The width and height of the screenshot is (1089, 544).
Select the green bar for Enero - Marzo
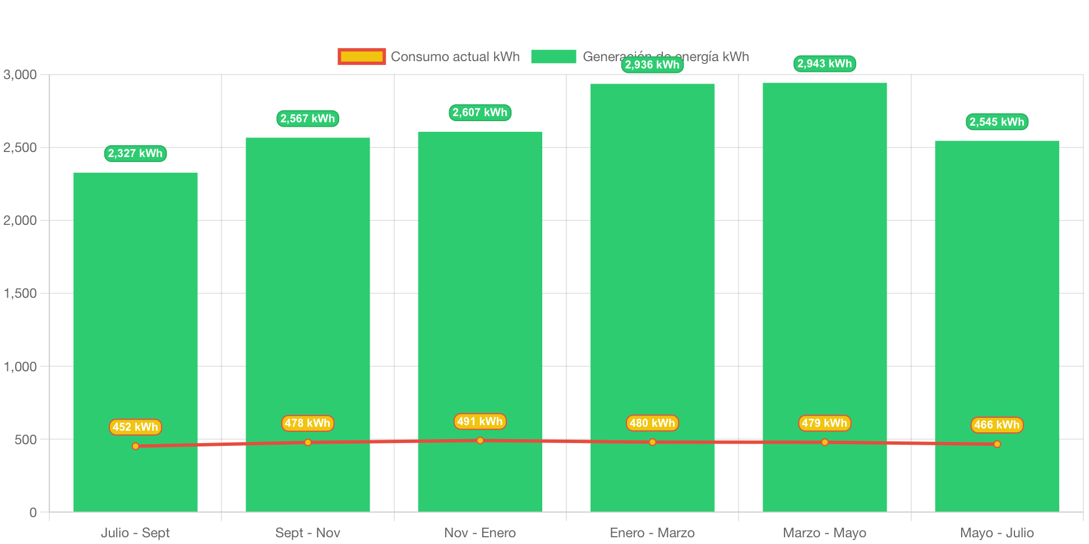tap(652, 280)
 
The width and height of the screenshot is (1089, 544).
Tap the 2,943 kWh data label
tap(824, 63)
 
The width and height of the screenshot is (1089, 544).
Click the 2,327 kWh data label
tap(135, 153)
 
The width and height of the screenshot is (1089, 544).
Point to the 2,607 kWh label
tap(480, 112)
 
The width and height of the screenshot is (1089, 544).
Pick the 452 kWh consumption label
tap(135, 427)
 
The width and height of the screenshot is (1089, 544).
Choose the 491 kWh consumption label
tap(480, 421)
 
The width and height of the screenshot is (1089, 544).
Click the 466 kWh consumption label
tap(996, 425)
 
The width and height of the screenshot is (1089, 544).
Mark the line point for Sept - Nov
tap(308, 442)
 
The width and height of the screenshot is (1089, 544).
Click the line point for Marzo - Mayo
tap(824, 442)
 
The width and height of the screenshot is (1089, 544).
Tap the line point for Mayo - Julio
tap(996, 444)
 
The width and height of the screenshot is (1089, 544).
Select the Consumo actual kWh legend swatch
tap(362, 57)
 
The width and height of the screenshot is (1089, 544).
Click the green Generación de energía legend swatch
tap(553, 57)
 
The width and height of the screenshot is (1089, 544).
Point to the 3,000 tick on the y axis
tap(20, 75)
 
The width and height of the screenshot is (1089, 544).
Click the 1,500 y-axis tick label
tap(20, 293)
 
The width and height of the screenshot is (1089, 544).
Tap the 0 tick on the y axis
tap(33, 512)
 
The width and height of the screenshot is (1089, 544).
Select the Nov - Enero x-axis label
tap(480, 532)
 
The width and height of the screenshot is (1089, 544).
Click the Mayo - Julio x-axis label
tap(996, 532)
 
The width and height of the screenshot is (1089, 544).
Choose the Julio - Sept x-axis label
tap(135, 532)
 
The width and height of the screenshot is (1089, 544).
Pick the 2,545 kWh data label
tap(996, 122)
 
